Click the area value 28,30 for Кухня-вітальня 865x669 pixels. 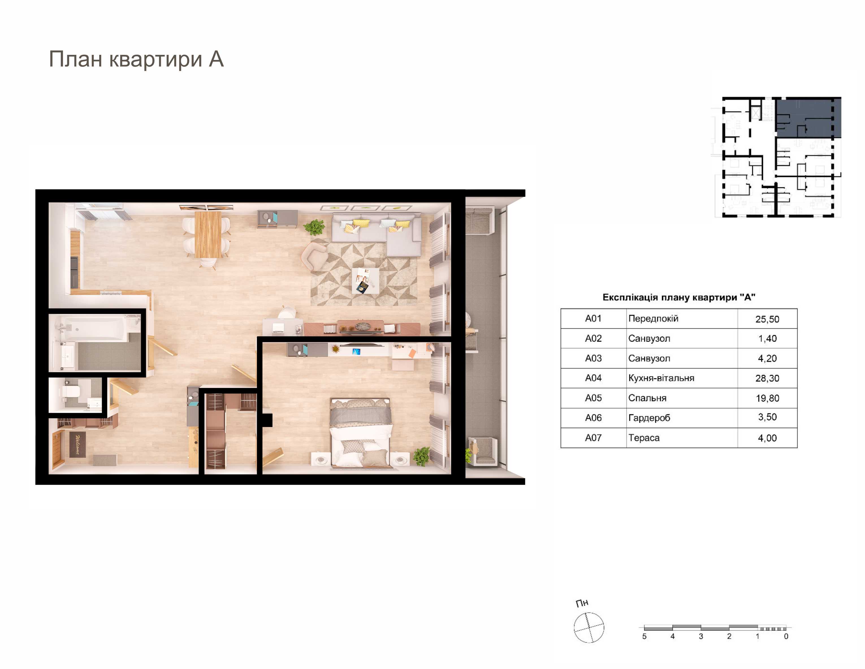click(767, 378)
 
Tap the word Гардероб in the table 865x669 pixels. click(649, 418)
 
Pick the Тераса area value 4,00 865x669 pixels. click(767, 438)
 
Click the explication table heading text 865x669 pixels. click(679, 297)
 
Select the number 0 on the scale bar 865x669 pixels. click(786, 636)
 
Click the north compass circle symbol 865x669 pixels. click(589, 627)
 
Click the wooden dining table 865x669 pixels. click(208, 234)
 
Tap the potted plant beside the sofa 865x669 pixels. click(314, 227)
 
